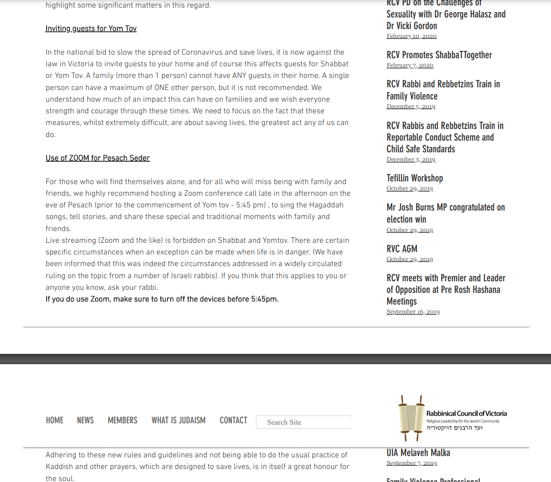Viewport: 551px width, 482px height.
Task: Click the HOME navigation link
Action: point(55,420)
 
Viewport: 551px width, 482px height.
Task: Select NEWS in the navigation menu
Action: point(85,420)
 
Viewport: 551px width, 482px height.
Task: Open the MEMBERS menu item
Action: point(122,420)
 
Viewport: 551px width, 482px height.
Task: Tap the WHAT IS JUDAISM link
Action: point(178,420)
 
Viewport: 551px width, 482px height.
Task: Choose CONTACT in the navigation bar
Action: point(233,420)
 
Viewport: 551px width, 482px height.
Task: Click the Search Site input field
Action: point(304,422)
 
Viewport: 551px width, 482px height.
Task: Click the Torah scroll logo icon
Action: point(411,418)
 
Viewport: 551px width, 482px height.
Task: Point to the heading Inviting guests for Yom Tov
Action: point(91,29)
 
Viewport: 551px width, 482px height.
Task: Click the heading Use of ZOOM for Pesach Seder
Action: point(98,158)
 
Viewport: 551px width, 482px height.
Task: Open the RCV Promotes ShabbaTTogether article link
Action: point(439,55)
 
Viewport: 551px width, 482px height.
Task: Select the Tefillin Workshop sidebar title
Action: point(415,178)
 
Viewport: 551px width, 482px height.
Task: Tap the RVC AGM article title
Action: point(402,249)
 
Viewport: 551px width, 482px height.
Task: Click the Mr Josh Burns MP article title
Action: point(445,213)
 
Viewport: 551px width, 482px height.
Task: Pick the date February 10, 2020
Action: point(411,36)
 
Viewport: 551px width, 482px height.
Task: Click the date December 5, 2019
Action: point(411,107)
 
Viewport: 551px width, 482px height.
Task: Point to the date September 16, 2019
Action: point(413,312)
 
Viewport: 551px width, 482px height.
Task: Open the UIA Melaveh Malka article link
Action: point(418,453)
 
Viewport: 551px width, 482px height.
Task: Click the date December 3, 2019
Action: point(411,159)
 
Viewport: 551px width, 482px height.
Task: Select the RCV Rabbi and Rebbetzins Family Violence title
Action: point(443,90)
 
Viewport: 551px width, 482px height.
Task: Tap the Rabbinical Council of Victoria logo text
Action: point(466,413)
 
